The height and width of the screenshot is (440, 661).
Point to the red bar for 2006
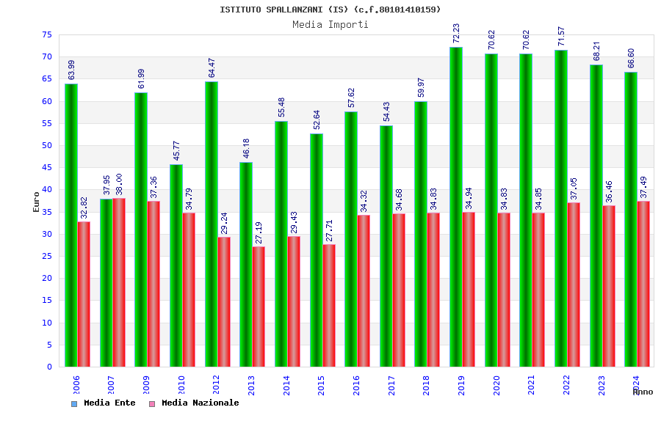[x=84, y=294]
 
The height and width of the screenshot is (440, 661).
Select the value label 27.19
[x=259, y=232]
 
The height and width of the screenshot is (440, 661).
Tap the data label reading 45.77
[x=176, y=151]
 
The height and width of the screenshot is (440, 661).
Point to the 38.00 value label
[x=119, y=185]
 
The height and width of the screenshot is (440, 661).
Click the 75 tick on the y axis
[x=46, y=35]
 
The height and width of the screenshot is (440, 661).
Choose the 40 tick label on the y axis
[x=46, y=190]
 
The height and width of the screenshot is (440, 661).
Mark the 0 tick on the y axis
[x=49, y=367]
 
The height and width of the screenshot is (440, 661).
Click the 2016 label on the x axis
[x=357, y=385]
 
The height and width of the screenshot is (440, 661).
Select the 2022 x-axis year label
[x=567, y=385]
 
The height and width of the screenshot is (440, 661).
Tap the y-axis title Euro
[x=37, y=202]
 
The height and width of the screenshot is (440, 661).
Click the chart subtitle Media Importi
[x=330, y=24]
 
